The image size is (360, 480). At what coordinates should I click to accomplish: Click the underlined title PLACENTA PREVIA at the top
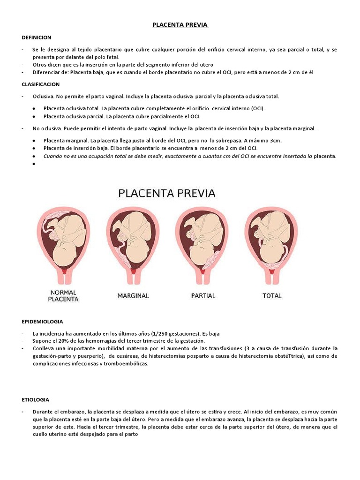pos(180,25)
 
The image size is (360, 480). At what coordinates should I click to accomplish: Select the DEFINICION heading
pos(37,37)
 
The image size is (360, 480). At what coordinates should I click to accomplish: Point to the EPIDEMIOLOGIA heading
pos(42,322)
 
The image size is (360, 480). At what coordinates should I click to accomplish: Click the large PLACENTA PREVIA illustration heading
pos(166,193)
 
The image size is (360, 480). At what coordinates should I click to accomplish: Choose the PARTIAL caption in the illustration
pos(203,296)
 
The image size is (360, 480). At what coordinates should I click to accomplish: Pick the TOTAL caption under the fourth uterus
pos(272,296)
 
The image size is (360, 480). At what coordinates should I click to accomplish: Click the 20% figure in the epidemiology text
pos(63,340)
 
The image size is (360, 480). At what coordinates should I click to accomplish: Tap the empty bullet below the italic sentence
pos(35,164)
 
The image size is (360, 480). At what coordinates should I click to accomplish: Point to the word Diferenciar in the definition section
pos(46,72)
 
